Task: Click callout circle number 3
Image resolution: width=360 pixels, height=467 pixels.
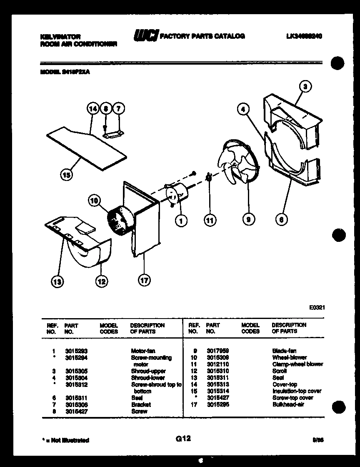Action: pyautogui.click(x=305, y=87)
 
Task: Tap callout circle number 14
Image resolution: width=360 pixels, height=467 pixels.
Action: pyautogui.click(x=93, y=109)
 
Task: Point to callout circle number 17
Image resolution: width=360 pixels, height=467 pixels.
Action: pyautogui.click(x=144, y=280)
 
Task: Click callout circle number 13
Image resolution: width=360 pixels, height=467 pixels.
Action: pyautogui.click(x=57, y=282)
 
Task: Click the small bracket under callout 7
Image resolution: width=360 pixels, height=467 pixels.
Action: pyautogui.click(x=113, y=134)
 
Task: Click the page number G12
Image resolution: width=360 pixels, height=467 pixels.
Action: pyautogui.click(x=183, y=438)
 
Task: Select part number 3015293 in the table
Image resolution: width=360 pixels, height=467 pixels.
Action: pyautogui.click(x=76, y=351)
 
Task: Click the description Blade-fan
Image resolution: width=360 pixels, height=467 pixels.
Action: pyautogui.click(x=284, y=351)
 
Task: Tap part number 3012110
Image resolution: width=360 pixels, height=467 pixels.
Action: pyautogui.click(x=217, y=364)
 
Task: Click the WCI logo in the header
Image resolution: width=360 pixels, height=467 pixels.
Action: pyautogui.click(x=145, y=37)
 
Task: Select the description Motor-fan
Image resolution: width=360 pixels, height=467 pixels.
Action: pyautogui.click(x=143, y=351)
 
